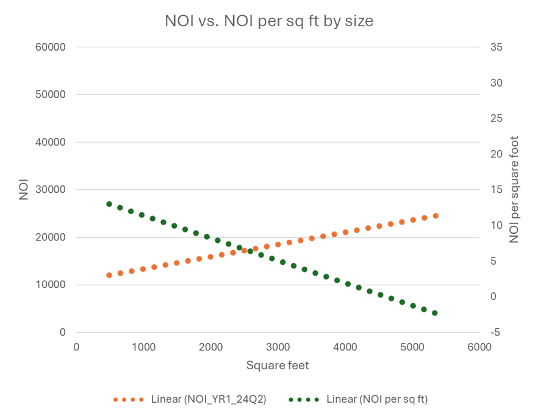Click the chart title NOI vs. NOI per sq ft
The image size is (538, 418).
click(269, 21)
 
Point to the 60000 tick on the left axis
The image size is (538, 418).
click(54, 47)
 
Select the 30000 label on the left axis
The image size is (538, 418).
click(54, 190)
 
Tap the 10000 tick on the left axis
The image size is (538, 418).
click(54, 285)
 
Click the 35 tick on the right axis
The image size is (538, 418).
click(496, 47)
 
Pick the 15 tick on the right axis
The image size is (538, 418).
click(496, 190)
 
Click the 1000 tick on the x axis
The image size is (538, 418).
click(143, 347)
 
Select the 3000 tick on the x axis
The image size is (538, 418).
click(278, 347)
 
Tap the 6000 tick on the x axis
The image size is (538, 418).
click(479, 347)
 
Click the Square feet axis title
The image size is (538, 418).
click(278, 366)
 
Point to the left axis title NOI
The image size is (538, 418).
click(24, 190)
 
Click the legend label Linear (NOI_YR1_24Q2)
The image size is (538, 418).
click(209, 399)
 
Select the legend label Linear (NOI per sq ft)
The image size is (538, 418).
click(377, 399)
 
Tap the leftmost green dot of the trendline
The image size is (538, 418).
click(109, 204)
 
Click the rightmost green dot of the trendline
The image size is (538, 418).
click(435, 313)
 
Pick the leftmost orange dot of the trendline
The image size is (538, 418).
click(109, 275)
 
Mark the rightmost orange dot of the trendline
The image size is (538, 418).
click(436, 216)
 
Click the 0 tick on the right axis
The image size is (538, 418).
click(493, 297)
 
